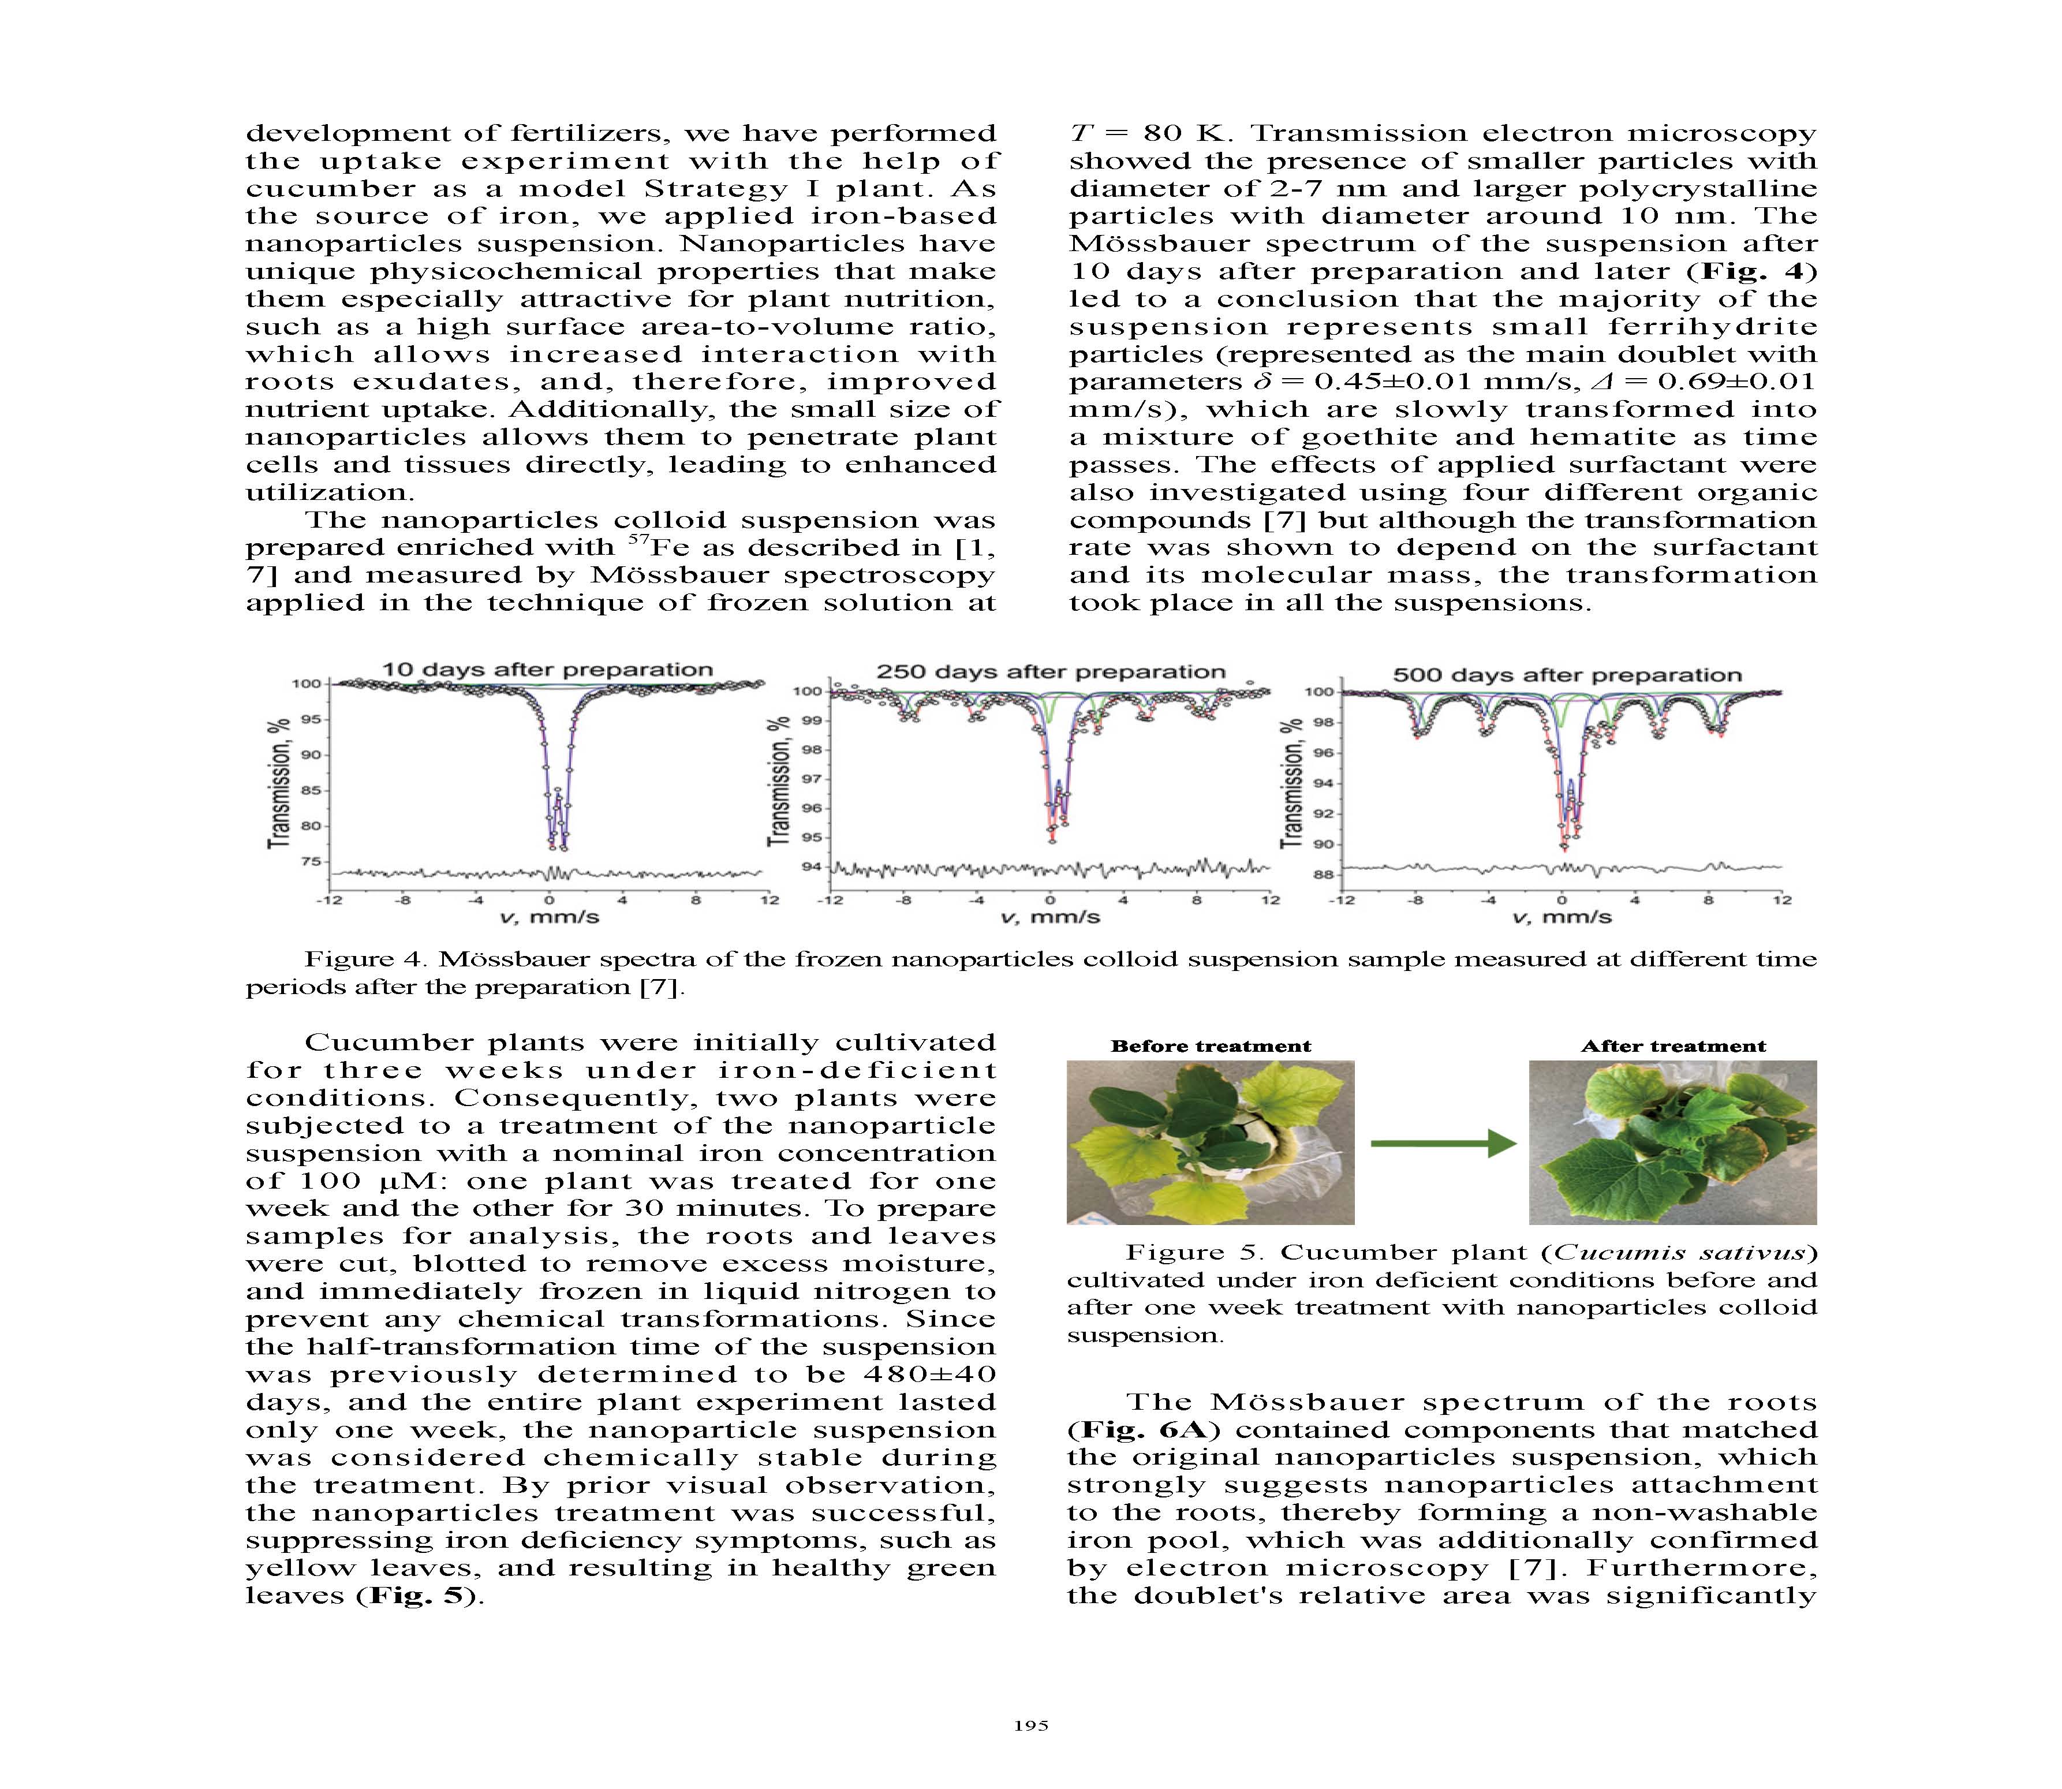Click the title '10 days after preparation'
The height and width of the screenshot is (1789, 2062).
(548, 670)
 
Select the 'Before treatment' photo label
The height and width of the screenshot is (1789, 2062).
(1211, 1046)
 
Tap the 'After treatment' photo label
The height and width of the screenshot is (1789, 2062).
(1673, 1046)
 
